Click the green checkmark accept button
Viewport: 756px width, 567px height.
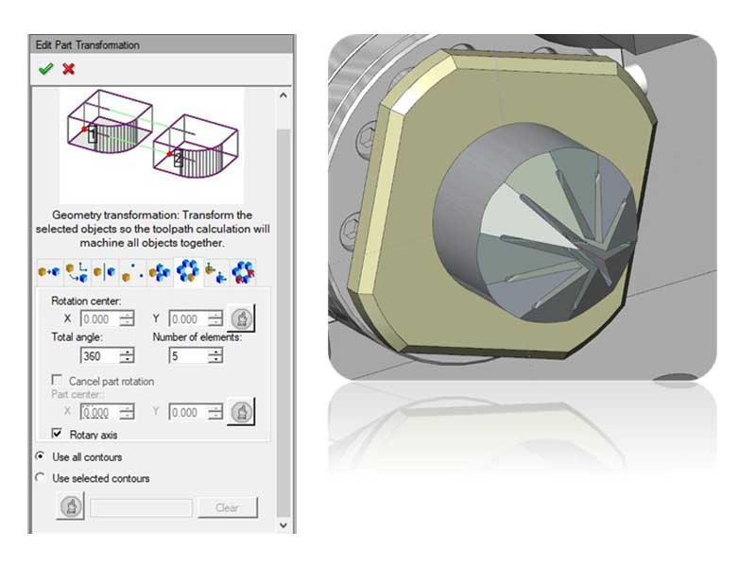(x=44, y=69)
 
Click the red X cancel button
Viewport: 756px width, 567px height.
(x=68, y=69)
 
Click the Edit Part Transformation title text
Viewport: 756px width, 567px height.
(x=87, y=44)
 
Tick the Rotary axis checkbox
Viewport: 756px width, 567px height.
(x=57, y=435)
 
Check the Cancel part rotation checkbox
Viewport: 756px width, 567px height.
(x=57, y=381)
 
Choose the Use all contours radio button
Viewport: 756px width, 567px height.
(x=40, y=456)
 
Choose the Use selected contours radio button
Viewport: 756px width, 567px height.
(x=40, y=478)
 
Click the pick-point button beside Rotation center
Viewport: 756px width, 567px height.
(x=241, y=318)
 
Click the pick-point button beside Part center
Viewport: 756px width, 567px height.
(x=241, y=412)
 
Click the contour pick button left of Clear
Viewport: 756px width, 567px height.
(x=71, y=507)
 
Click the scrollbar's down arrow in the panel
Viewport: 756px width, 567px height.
(x=283, y=523)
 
